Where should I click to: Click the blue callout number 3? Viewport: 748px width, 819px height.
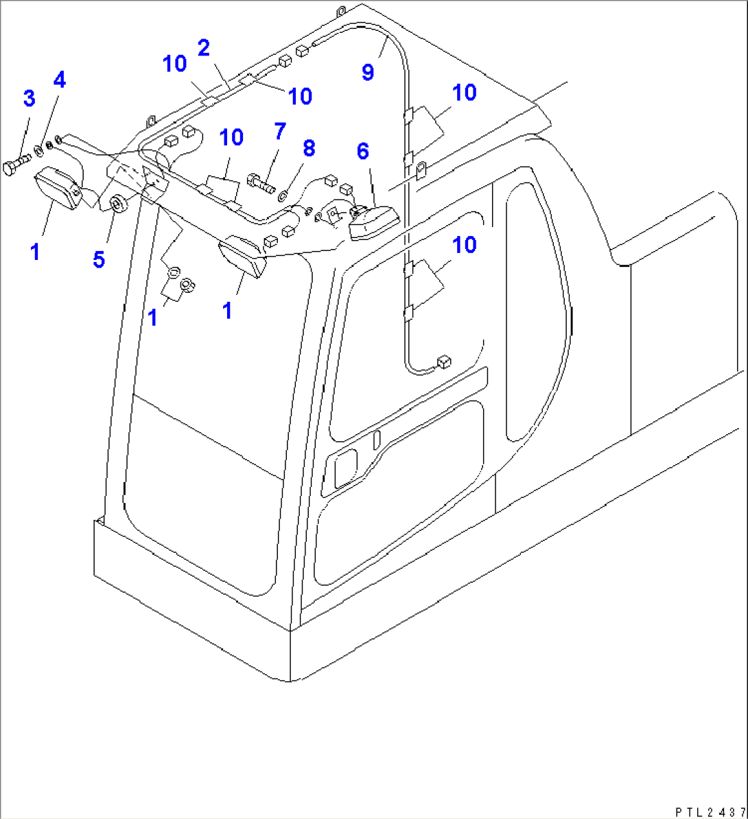tap(29, 98)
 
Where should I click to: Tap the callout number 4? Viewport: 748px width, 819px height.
tap(60, 80)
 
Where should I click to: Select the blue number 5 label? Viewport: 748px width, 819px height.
tap(100, 260)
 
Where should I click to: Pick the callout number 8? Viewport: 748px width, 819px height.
tap(309, 147)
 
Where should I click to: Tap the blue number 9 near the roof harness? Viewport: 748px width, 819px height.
tap(368, 72)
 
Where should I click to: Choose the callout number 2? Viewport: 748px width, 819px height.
tap(203, 48)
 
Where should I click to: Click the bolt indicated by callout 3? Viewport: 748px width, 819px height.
tap(15, 165)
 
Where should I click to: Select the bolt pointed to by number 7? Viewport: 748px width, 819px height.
tap(258, 182)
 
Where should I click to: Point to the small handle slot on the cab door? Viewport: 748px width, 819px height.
tap(376, 440)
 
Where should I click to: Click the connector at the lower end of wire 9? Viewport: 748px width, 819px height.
tap(443, 361)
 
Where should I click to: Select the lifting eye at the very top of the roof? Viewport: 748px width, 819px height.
tap(340, 11)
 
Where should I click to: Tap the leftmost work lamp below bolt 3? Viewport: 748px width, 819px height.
tap(56, 189)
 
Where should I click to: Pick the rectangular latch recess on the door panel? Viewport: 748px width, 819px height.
tap(344, 472)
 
